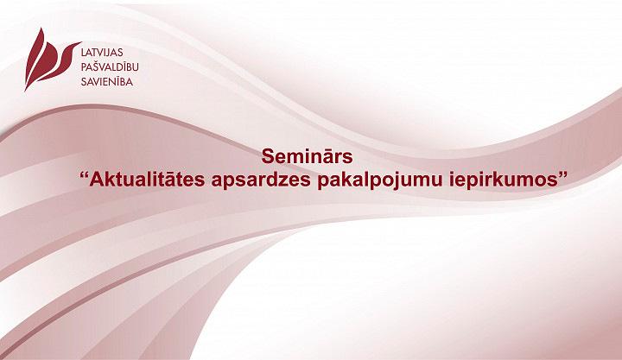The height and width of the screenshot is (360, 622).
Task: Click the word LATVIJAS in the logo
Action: (102, 53)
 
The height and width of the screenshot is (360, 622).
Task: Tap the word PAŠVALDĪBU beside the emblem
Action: (110, 66)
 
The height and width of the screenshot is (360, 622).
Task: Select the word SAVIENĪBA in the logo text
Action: (107, 82)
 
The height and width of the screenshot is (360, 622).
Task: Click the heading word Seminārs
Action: (307, 156)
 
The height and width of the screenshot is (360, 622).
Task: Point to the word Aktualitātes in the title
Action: (147, 180)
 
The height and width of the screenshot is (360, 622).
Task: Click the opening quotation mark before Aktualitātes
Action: (84, 175)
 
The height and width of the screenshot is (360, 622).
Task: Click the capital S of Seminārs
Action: (267, 156)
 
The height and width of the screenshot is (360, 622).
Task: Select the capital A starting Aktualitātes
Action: (96, 180)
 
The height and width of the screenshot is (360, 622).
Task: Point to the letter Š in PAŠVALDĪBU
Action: (96, 66)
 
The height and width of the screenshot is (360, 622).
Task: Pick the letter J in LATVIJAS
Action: (109, 54)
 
